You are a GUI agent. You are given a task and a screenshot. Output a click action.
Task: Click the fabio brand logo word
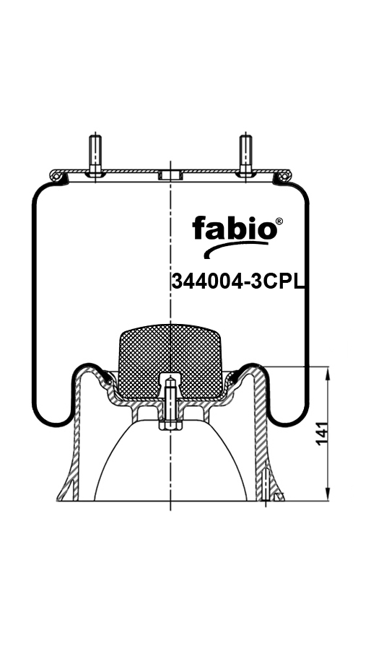coord(235,228)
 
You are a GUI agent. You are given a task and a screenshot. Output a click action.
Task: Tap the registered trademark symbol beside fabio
coord(279,222)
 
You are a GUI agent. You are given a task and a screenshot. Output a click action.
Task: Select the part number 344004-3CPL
coord(238,281)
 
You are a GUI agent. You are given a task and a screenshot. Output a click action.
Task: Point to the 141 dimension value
coord(323,434)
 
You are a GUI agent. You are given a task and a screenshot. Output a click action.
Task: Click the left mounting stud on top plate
coord(95,154)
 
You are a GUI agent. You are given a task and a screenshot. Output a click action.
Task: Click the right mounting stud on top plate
coord(245,154)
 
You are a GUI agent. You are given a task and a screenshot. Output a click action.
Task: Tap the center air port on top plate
coord(170,175)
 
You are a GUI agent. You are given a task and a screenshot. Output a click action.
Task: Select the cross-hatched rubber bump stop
coord(170,361)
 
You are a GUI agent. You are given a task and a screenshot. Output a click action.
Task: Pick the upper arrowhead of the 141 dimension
coord(328,374)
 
